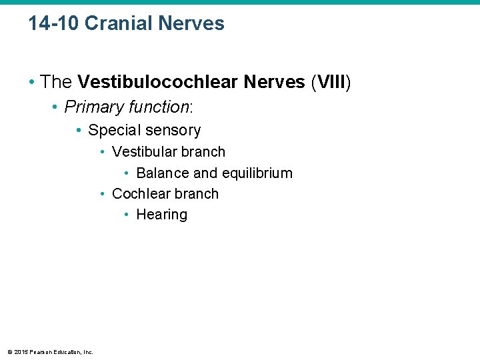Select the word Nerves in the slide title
tap(193, 23)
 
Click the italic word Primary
tap(91, 107)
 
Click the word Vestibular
tap(143, 152)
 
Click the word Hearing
tap(161, 215)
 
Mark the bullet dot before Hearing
tap(127, 215)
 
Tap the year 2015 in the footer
tap(20, 352)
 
